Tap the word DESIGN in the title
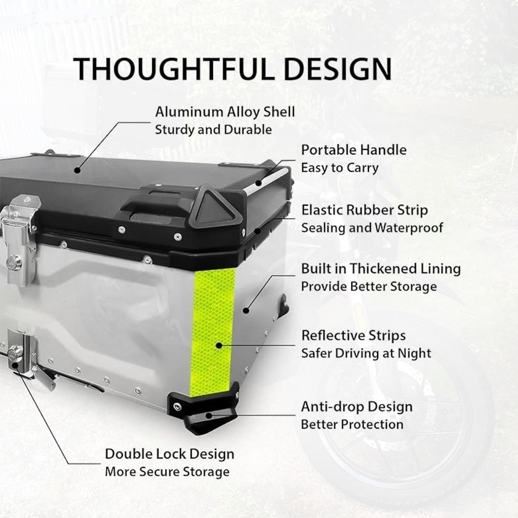(338, 69)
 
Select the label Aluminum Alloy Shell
(225, 112)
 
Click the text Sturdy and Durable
(213, 130)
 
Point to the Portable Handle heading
(354, 150)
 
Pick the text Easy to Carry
(340, 168)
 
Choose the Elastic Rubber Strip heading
(364, 210)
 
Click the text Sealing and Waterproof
(372, 228)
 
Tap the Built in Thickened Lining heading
(381, 269)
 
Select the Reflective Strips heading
(353, 336)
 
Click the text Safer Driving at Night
(366, 353)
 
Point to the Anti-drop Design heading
(357, 407)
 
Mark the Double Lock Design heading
(169, 454)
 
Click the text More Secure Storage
(167, 472)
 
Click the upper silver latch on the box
(19, 239)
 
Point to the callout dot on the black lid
(77, 170)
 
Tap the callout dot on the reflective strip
(219, 346)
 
